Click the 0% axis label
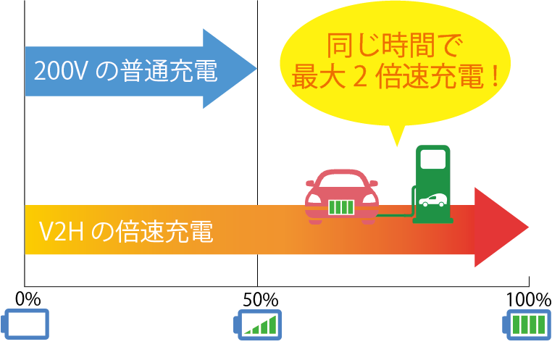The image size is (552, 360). (x=28, y=298)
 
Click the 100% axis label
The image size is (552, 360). (x=528, y=298)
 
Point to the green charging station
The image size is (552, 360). (x=432, y=185)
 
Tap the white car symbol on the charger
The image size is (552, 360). (x=432, y=201)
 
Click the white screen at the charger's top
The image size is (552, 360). (x=432, y=158)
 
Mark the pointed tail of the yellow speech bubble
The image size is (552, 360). (x=396, y=141)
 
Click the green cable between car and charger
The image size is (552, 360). (x=395, y=215)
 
